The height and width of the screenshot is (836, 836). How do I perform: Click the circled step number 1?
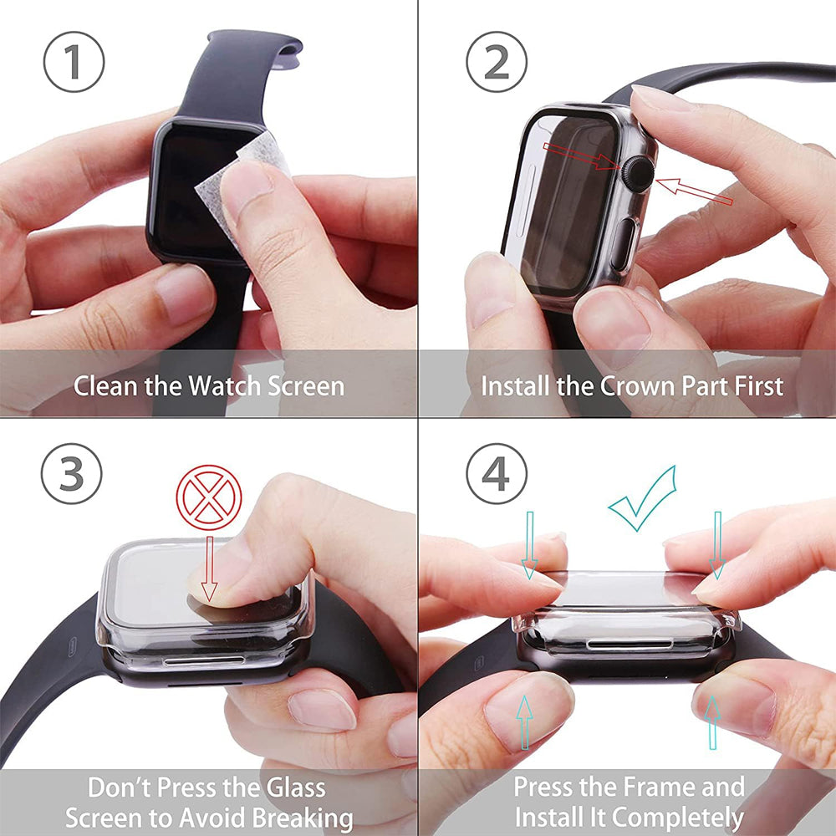(x=74, y=61)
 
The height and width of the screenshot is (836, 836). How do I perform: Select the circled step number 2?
(x=497, y=61)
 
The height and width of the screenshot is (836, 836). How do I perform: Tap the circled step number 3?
(x=72, y=474)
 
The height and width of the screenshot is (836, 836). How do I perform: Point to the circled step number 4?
(x=497, y=474)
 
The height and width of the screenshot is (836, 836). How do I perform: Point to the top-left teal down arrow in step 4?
(x=528, y=544)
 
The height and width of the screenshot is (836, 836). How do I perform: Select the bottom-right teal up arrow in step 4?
(x=712, y=721)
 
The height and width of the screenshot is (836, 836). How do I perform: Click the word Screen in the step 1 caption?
(x=306, y=386)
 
